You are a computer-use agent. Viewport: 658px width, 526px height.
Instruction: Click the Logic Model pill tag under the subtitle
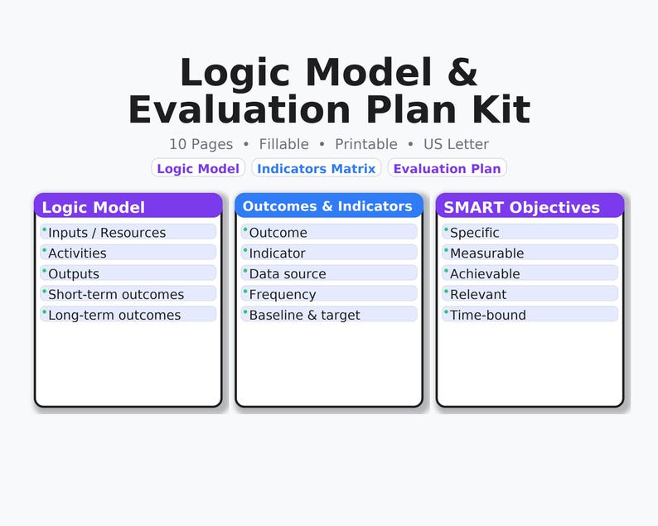point(198,168)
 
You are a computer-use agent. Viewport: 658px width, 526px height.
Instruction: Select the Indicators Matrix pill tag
point(317,168)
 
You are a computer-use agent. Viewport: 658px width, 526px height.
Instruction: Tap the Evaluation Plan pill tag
point(447,168)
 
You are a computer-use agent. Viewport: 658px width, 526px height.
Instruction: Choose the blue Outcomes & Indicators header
point(328,206)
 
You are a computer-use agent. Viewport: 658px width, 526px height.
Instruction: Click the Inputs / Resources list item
point(128,233)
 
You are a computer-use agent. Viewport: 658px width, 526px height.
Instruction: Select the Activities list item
point(128,253)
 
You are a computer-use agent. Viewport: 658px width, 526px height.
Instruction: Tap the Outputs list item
point(128,274)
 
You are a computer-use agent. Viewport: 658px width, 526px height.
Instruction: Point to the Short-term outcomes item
point(128,294)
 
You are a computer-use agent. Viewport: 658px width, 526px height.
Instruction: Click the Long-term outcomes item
point(128,315)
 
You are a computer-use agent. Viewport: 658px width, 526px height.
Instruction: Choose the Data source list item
point(328,274)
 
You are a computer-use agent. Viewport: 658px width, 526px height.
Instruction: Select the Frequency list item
point(328,294)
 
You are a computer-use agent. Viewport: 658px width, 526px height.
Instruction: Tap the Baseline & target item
point(328,315)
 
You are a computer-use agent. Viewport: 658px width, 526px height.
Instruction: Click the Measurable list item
point(530,253)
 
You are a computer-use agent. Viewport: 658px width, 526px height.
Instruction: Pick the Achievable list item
point(530,274)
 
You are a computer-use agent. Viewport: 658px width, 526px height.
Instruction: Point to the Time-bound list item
point(530,315)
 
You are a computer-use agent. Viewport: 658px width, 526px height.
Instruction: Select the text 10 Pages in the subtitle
point(201,144)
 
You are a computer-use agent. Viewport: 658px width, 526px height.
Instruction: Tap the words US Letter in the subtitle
point(456,144)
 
